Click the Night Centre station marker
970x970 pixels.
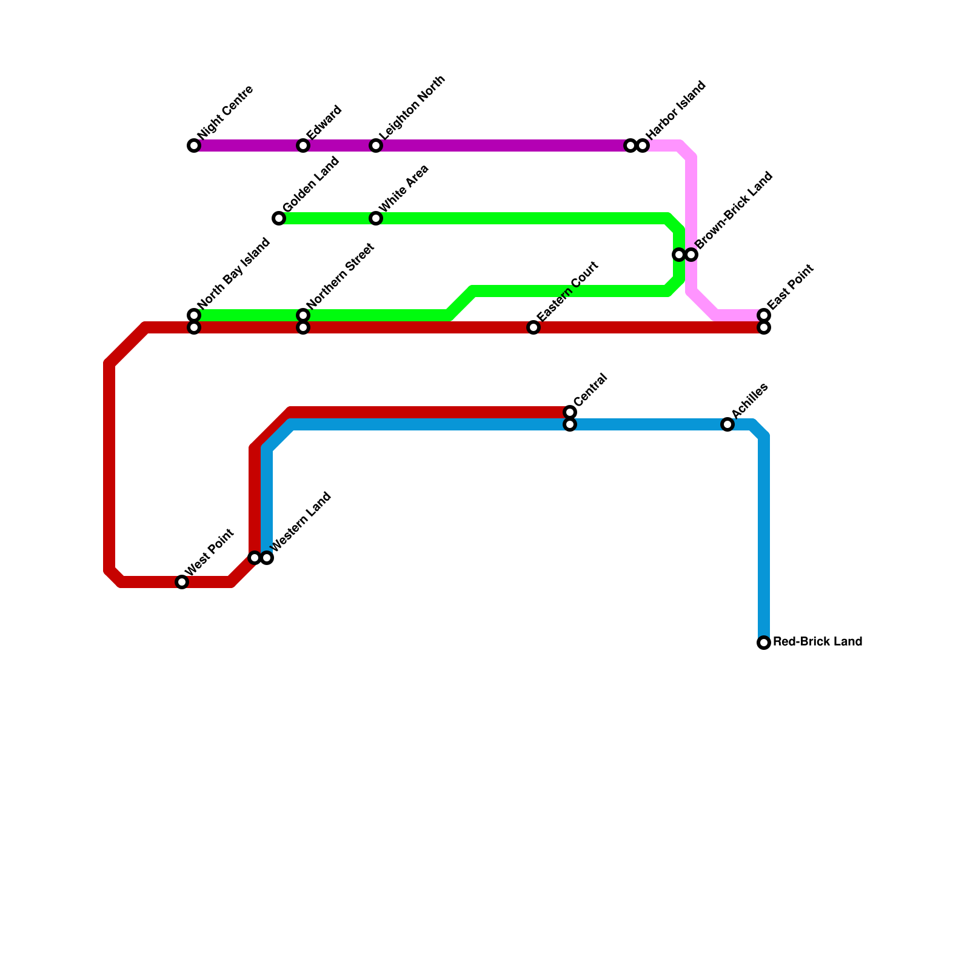tap(194, 145)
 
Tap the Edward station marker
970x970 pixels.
tap(303, 145)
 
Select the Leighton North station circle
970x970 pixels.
tap(376, 145)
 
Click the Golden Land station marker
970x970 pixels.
tap(279, 218)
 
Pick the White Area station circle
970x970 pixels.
tap(376, 218)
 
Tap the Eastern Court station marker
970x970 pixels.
tap(533, 327)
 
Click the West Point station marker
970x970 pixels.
tap(182, 582)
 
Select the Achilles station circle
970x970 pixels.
tap(727, 424)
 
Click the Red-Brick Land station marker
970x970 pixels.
tap(764, 643)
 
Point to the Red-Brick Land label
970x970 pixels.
tap(817, 642)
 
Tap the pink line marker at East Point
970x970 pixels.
tap(764, 315)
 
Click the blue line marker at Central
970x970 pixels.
tap(570, 424)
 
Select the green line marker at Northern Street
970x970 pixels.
tap(303, 315)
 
